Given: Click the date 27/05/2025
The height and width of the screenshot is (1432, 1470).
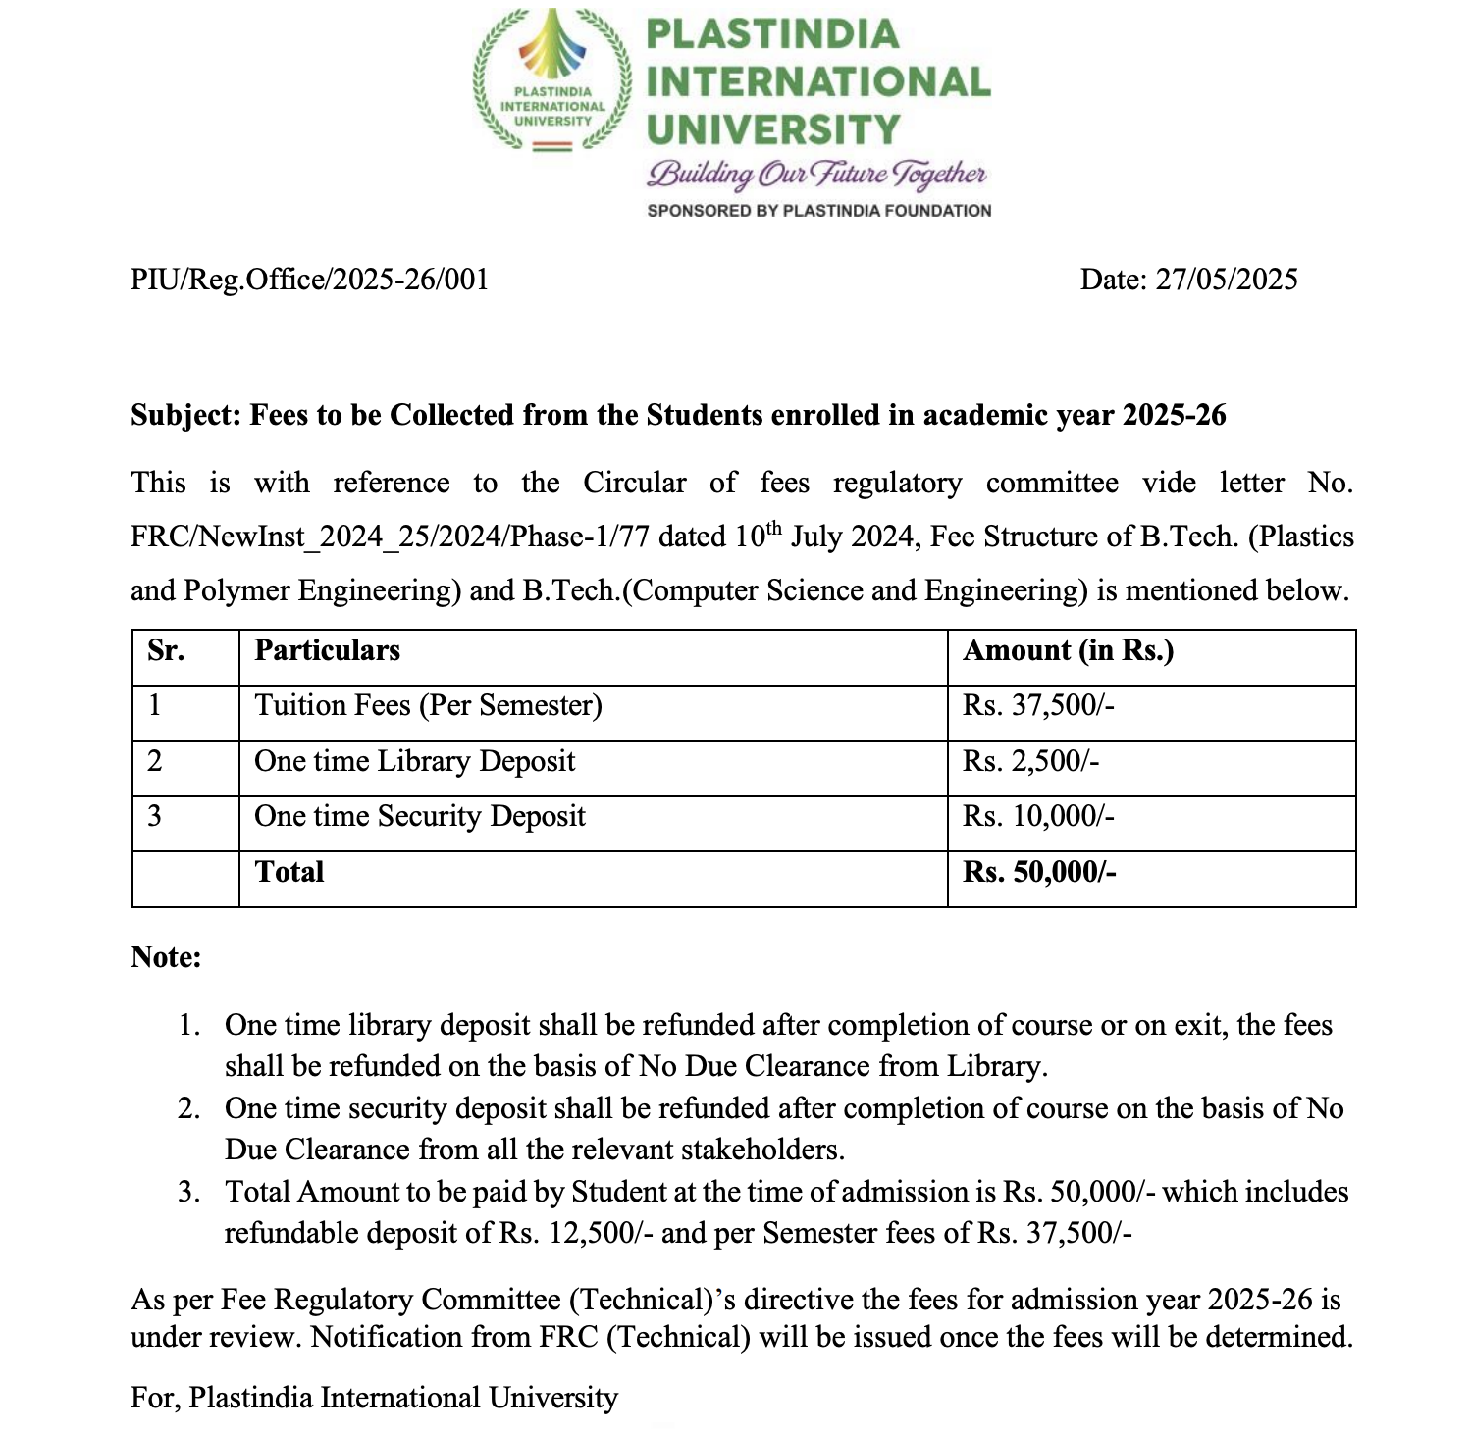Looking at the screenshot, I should pyautogui.click(x=1227, y=280).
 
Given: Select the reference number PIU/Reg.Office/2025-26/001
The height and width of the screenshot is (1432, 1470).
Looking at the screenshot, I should pyautogui.click(x=309, y=280).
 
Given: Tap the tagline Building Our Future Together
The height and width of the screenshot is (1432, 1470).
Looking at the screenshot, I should pyautogui.click(x=816, y=175).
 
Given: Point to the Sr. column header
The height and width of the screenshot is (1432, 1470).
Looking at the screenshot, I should pyautogui.click(x=166, y=651).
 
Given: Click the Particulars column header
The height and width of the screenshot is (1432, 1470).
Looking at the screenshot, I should pyautogui.click(x=327, y=651).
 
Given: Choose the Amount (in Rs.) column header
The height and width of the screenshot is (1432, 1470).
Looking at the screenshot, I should pyautogui.click(x=1068, y=651).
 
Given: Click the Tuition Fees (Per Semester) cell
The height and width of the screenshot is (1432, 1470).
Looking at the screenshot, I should pyautogui.click(x=428, y=706).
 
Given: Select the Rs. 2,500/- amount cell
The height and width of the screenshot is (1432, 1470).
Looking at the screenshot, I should pyautogui.click(x=1030, y=762).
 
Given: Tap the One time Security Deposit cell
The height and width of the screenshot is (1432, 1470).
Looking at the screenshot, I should pyautogui.click(x=419, y=817).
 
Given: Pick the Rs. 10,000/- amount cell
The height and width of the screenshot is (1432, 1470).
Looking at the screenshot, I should pyautogui.click(x=1038, y=817).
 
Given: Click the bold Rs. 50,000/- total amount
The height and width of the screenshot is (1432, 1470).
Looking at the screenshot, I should pyautogui.click(x=1039, y=872).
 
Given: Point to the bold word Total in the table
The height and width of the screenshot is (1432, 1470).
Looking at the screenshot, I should pyautogui.click(x=289, y=872).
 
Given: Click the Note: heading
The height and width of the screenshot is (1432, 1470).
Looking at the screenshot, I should pyautogui.click(x=166, y=957).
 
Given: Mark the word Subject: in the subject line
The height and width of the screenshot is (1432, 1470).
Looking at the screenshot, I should pyautogui.click(x=185, y=416).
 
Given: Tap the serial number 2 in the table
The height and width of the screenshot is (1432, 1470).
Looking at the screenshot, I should pyautogui.click(x=155, y=762).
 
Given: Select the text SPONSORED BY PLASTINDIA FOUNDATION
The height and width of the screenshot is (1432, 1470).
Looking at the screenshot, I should pyautogui.click(x=818, y=211).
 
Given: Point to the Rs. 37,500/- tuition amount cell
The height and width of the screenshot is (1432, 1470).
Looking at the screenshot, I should pyautogui.click(x=1038, y=706).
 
